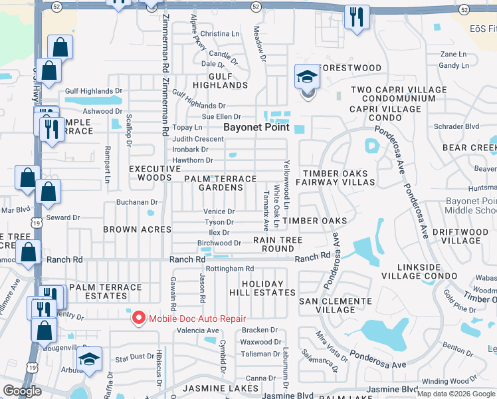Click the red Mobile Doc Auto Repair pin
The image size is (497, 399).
pyautogui.click(x=139, y=318)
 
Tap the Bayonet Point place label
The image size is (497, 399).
pyautogui.click(x=256, y=126)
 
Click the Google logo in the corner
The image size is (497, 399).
pyautogui.click(x=22, y=391)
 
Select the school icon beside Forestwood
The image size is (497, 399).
pyautogui.click(x=306, y=77)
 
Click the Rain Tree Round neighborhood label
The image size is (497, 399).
pyautogui.click(x=278, y=244)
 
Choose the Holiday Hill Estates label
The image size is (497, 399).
pyautogui.click(x=268, y=288)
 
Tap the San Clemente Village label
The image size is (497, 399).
pyautogui.click(x=336, y=305)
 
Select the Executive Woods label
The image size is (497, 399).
pyautogui.click(x=155, y=174)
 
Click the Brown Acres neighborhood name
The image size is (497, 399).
pyautogui.click(x=137, y=229)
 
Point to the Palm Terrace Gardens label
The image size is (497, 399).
pyautogui.click(x=220, y=184)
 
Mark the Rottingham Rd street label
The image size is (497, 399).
pyautogui.click(x=230, y=269)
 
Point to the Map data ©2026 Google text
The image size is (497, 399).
pyautogui.click(x=455, y=393)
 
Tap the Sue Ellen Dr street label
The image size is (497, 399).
pyautogui.click(x=221, y=116)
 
